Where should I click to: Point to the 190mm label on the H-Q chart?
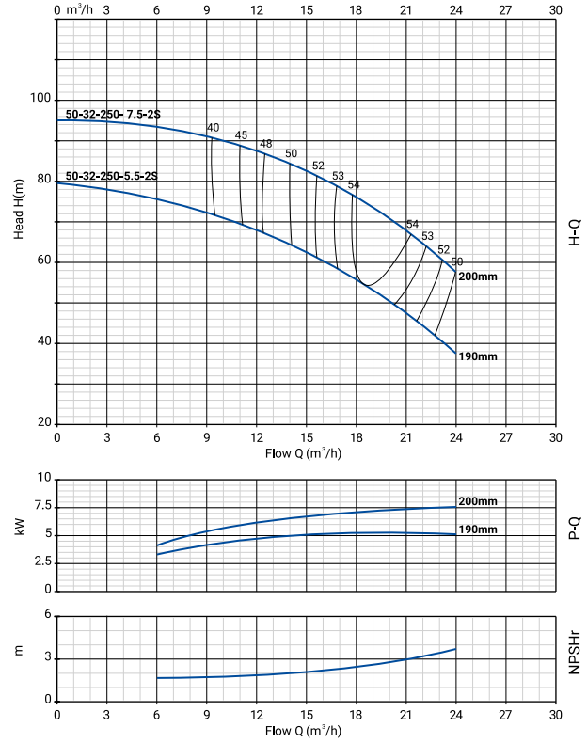tap(478, 356)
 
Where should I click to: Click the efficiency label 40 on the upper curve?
tap(213, 128)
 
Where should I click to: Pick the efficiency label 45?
tap(241, 135)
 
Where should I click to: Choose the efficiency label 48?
tap(265, 144)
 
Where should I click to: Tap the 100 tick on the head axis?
tap(40, 99)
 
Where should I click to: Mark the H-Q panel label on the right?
tap(575, 234)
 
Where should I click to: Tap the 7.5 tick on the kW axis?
tap(40, 507)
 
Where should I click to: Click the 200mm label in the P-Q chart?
tap(478, 501)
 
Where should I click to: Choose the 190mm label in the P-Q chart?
tap(478, 530)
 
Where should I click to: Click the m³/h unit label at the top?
tap(83, 10)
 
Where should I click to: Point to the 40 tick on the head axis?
tap(43, 343)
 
